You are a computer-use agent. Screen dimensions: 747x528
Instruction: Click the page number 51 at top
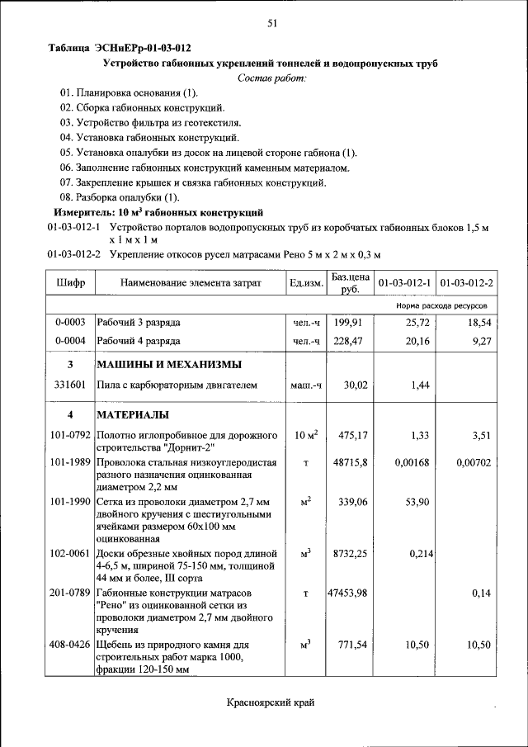[271, 23]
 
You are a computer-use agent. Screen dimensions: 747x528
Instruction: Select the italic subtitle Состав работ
[271, 78]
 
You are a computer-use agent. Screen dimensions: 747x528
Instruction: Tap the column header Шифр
[71, 283]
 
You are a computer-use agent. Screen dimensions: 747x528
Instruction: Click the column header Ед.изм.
[306, 283]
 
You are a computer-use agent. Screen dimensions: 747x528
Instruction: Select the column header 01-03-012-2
[467, 283]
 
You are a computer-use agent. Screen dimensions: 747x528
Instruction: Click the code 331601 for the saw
[71, 385]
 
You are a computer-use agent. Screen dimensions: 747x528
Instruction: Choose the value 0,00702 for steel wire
[474, 463]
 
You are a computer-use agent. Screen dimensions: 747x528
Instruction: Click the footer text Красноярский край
[271, 702]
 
